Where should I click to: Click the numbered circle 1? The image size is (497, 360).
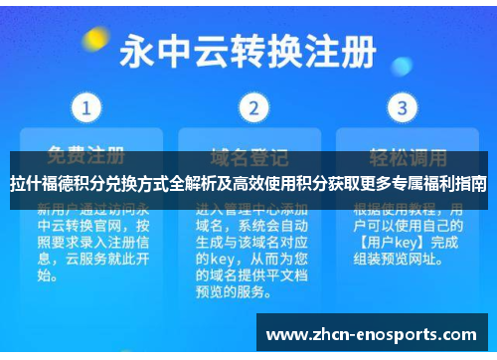point(87,106)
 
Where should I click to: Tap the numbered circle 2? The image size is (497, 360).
point(254,106)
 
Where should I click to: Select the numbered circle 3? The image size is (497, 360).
point(402,106)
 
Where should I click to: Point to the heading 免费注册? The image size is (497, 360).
point(87,156)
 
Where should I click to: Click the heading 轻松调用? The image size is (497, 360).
point(403,156)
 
